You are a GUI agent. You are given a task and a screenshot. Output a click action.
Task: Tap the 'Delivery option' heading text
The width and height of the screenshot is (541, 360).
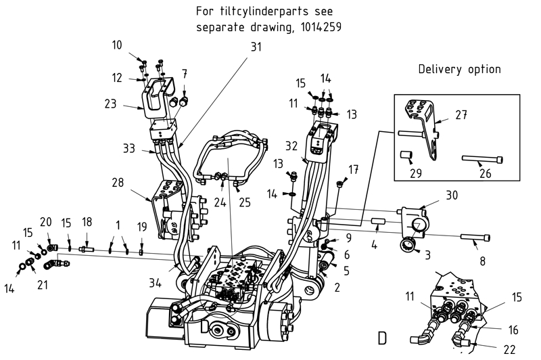click(x=459, y=69)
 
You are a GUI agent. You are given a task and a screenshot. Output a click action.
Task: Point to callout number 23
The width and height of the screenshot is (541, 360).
click(x=112, y=104)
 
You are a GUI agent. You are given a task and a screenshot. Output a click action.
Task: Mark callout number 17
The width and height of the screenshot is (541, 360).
click(x=353, y=168)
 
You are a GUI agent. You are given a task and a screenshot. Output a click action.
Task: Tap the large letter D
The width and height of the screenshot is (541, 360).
click(x=383, y=336)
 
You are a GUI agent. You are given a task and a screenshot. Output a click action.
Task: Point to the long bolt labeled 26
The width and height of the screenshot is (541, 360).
click(x=481, y=160)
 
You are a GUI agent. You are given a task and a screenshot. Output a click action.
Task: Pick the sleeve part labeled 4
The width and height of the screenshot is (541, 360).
click(x=377, y=221)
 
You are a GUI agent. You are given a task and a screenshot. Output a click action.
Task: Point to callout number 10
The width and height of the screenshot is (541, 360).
click(x=117, y=45)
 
